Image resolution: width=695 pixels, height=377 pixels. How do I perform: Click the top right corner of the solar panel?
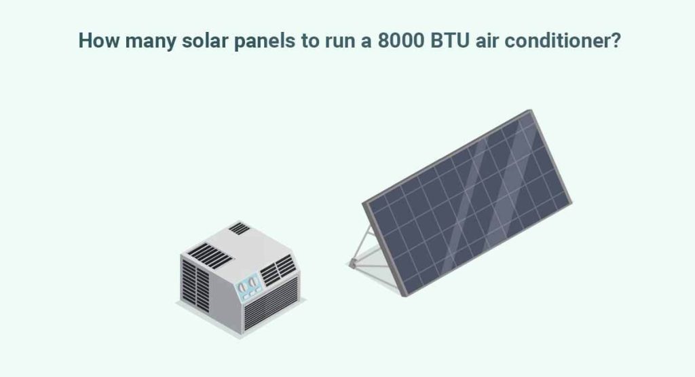[x=527, y=113]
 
